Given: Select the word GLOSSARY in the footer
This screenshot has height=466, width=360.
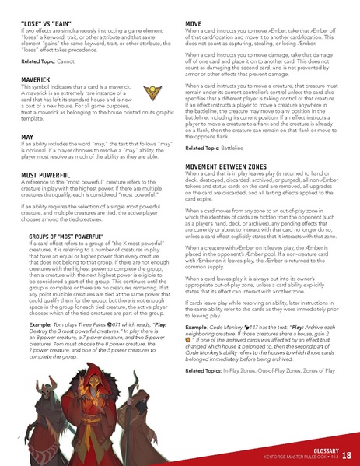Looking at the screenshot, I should tap(322, 450).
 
